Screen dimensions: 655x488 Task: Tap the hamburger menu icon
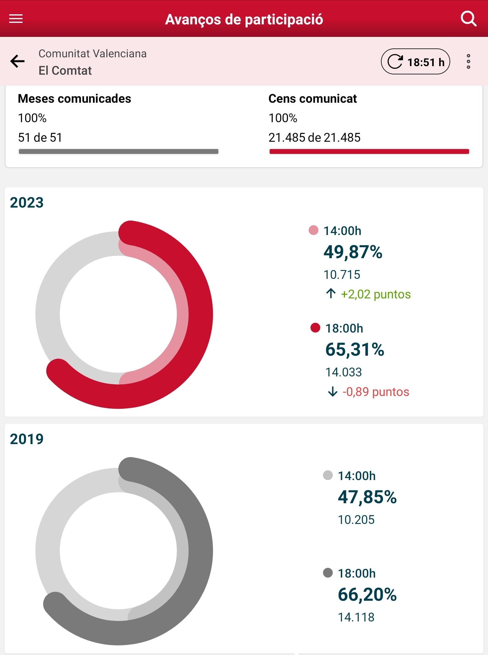pyautogui.click(x=16, y=19)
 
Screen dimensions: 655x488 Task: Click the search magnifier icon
pyautogui.click(x=468, y=19)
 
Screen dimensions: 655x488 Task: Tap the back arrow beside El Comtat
pyautogui.click(x=17, y=61)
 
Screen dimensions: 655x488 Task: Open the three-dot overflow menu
pyautogui.click(x=468, y=62)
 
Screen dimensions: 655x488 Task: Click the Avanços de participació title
pyautogui.click(x=244, y=20)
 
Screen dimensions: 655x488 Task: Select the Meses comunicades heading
pyautogui.click(x=74, y=99)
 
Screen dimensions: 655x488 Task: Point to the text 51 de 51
pyautogui.click(x=40, y=137)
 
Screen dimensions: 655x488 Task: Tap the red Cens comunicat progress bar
pyautogui.click(x=369, y=151)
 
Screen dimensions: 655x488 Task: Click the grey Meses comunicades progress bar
pyautogui.click(x=119, y=151)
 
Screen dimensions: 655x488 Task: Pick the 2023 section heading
pyautogui.click(x=27, y=203)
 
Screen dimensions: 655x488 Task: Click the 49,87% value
pyautogui.click(x=353, y=252)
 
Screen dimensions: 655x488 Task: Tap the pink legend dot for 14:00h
pyautogui.click(x=313, y=230)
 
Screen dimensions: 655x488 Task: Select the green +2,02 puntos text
pyautogui.click(x=375, y=294)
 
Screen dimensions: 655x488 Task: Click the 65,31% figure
pyautogui.click(x=355, y=350)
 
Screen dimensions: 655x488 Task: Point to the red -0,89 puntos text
pyautogui.click(x=375, y=392)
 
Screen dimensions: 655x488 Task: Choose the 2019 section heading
pyautogui.click(x=27, y=439)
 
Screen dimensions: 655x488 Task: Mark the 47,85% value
pyautogui.click(x=367, y=497)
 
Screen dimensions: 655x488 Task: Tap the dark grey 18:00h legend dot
pyautogui.click(x=328, y=573)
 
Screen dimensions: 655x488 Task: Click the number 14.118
pyautogui.click(x=356, y=617)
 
